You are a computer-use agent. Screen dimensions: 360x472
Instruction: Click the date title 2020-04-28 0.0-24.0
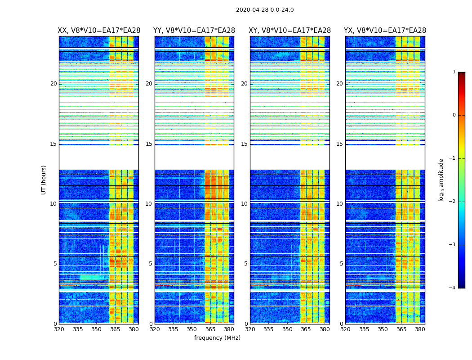[265, 10]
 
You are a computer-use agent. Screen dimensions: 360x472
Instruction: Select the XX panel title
[99, 31]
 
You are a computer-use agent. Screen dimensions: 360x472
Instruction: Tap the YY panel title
[194, 31]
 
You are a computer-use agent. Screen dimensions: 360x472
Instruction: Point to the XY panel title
[290, 31]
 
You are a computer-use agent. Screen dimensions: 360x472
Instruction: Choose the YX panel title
[385, 31]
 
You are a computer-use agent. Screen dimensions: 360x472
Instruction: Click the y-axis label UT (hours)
[44, 180]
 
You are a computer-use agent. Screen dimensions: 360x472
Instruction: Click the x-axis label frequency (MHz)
[217, 338]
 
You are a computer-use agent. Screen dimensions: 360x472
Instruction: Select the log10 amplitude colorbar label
[441, 180]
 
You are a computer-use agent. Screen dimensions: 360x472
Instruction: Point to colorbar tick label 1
[454, 72]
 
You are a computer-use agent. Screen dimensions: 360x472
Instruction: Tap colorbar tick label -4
[453, 288]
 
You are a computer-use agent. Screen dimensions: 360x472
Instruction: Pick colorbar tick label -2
[453, 202]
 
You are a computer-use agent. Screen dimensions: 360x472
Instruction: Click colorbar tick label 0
[454, 115]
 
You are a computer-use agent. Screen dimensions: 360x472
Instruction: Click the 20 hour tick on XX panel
[53, 84]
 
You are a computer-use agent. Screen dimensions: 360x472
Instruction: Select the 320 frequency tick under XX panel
[59, 329]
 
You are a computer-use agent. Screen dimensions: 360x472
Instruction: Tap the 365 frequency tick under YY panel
[210, 329]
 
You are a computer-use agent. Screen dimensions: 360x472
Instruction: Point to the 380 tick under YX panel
[420, 329]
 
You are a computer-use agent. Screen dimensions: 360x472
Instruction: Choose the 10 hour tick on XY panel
[244, 204]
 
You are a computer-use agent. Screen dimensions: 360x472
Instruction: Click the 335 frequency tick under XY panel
[269, 329]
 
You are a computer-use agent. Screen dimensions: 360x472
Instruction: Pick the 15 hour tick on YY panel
[149, 144]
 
